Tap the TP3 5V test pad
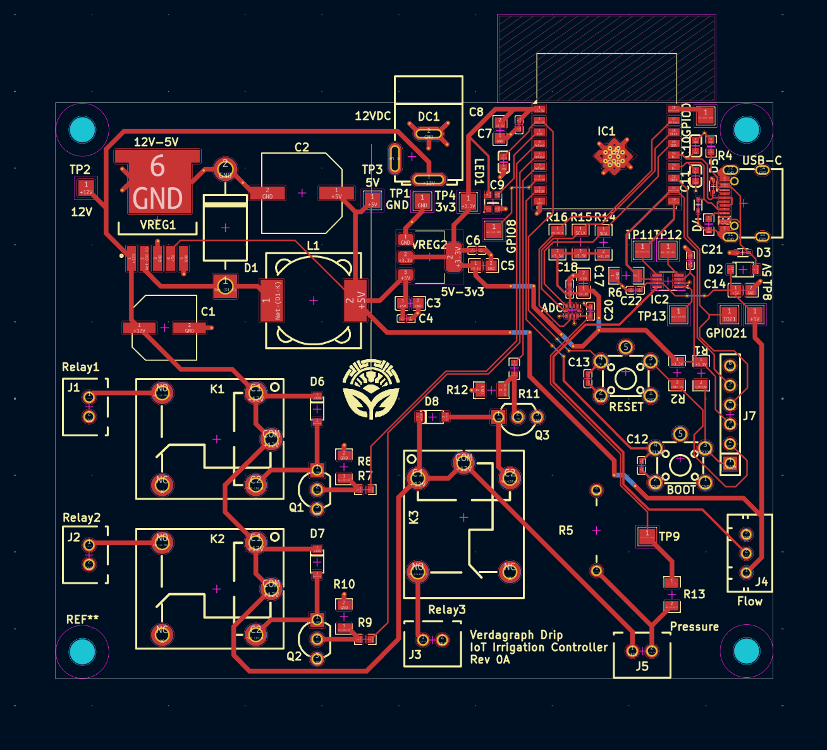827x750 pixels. (372, 200)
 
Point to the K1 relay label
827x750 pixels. (217, 389)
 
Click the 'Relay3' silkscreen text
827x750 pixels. (446, 610)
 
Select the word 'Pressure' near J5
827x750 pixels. (694, 627)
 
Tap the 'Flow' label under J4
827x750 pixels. (749, 601)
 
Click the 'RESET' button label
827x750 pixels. (626, 407)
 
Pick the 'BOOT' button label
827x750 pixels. (681, 489)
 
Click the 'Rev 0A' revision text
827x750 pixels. (489, 660)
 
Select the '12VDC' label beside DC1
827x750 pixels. (372, 116)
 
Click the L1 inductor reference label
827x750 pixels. (313, 245)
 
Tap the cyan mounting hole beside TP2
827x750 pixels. (82, 130)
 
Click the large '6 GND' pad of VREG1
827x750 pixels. (157, 183)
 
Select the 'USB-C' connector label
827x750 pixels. (761, 161)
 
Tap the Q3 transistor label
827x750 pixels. (542, 435)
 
